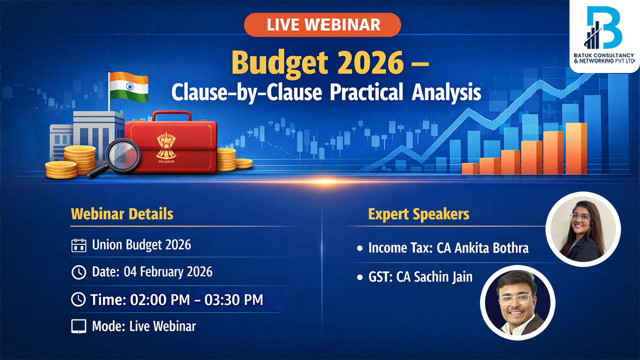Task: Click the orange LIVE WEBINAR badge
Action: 322,25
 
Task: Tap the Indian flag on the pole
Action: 129,87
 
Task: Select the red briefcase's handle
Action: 171,116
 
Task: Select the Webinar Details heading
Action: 122,214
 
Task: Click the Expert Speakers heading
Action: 418,214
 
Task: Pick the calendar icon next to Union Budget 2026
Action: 78,245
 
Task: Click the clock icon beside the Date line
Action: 78,272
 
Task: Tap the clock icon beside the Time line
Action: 78,299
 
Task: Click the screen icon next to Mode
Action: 78,326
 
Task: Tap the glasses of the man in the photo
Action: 514,299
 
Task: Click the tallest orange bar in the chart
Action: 576,148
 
